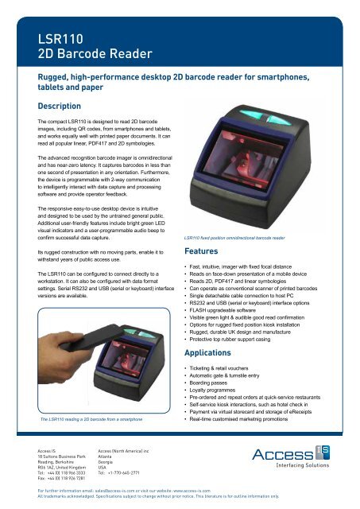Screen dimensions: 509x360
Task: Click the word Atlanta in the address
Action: tap(106, 457)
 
